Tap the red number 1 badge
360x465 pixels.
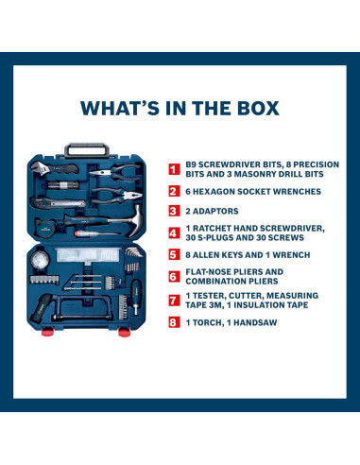tap(174, 169)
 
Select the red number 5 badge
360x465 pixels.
tap(174, 254)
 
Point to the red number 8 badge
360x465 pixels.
tap(174, 322)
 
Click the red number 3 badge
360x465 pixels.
tap(174, 211)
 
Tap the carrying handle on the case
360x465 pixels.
tap(87, 149)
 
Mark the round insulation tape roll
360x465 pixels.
tap(41, 260)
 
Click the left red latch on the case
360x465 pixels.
tap(47, 331)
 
